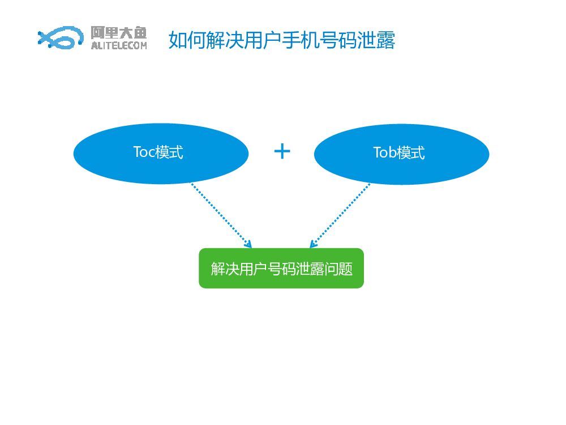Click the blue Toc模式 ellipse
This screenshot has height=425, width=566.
tap(161, 154)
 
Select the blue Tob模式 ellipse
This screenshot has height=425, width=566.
tap(401, 154)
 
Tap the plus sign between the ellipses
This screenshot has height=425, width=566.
tap(282, 151)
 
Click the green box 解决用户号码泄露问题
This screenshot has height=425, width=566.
tap(281, 268)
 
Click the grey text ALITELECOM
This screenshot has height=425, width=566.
tap(118, 46)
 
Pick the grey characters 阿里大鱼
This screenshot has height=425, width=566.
tap(118, 32)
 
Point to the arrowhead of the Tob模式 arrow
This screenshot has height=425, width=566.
tap(312, 244)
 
